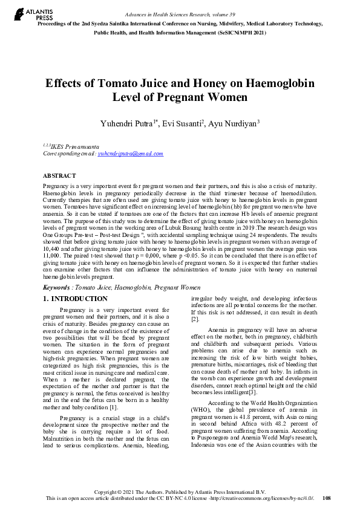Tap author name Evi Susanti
pos(182,123)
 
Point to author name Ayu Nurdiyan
pos(232,123)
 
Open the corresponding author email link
pos(130,154)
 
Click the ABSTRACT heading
pos(59,175)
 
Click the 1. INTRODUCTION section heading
pos(76,299)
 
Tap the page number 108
pos(327,498)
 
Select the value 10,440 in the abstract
pos(55,248)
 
